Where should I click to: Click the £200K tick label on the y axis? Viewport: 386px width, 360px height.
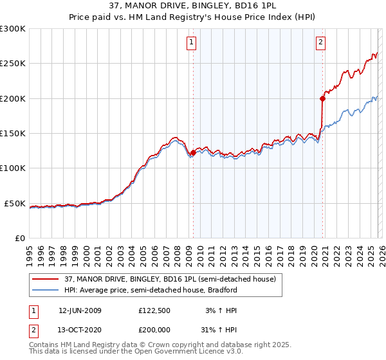point(12,98)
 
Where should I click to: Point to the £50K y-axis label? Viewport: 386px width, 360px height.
point(14,203)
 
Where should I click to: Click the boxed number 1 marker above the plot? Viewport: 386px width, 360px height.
point(192,43)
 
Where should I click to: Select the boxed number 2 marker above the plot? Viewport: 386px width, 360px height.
point(320,43)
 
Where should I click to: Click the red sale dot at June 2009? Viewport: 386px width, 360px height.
point(193,152)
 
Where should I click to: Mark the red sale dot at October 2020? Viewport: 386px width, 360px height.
point(322,98)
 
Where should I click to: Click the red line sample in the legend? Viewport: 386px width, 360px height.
point(46,279)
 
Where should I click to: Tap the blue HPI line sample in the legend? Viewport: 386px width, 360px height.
point(46,290)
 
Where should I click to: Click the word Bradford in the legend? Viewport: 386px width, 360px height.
point(221,290)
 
